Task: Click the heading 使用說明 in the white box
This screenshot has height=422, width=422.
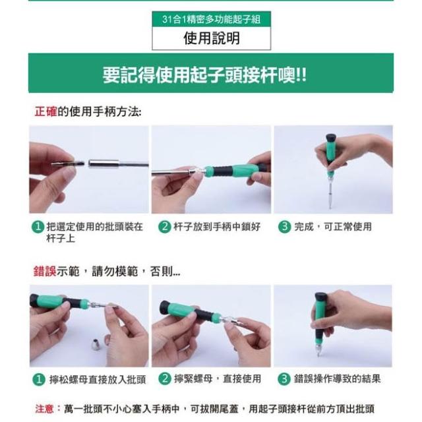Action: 212,38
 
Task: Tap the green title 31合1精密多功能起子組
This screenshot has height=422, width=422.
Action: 211,19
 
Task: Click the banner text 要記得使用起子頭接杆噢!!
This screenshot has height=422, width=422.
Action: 205,75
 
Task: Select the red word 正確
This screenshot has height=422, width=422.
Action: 45,111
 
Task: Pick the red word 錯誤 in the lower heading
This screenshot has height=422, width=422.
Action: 45,271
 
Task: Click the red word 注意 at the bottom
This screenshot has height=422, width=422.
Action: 44,409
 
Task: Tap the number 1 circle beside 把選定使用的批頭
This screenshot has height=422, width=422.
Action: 38,227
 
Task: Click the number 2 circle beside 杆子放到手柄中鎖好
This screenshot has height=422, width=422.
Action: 165,227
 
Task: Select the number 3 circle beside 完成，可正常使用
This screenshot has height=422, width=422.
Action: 284,227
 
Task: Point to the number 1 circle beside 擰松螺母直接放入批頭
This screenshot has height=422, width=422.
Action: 39,379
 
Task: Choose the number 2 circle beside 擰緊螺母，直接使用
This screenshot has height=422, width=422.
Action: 165,378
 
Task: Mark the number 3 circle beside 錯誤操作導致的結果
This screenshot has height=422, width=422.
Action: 284,379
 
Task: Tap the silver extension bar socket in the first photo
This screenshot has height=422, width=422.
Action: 104,164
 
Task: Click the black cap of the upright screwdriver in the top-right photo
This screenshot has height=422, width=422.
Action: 331,138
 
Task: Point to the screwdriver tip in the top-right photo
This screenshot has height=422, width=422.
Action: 330,206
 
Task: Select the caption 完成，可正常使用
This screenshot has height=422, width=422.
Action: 333,227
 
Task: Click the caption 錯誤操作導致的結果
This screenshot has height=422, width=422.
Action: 337,379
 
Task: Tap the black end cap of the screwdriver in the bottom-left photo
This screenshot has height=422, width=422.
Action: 34,301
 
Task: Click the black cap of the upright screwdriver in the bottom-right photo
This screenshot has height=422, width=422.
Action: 321,297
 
